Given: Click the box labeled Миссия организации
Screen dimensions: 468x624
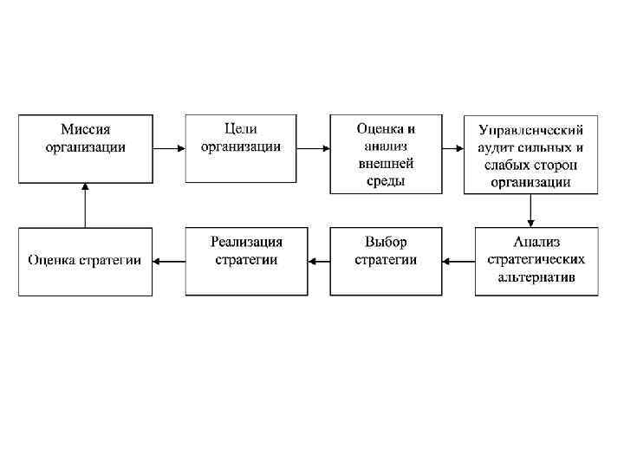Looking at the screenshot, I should [85, 147].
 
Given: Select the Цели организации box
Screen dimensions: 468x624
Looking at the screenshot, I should [241, 147].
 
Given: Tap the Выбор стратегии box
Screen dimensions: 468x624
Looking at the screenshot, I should [386, 261].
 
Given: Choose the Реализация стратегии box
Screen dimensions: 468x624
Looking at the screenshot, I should [246, 261].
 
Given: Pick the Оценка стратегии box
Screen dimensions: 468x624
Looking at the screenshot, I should [85, 261].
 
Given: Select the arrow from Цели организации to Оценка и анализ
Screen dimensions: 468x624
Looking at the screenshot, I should [312, 147].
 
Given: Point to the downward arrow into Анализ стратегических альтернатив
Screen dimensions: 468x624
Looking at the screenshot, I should [530, 211].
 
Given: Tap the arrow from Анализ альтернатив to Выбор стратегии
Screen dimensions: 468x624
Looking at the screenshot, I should [458, 260].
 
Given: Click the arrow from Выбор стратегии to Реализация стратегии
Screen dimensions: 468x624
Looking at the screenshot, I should [318, 260].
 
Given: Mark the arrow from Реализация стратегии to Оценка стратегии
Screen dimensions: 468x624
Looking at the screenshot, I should [168, 260].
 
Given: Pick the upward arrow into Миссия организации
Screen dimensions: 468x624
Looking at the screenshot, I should [85, 205].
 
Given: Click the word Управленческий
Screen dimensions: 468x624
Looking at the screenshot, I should [530, 130].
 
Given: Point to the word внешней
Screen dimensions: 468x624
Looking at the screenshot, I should [386, 163].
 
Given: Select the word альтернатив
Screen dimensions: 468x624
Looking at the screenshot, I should [536, 277].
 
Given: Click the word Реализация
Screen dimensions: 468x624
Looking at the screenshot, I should [246, 242].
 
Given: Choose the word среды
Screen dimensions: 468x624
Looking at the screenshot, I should [386, 181].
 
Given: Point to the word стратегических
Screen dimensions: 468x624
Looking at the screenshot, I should [536, 259].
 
